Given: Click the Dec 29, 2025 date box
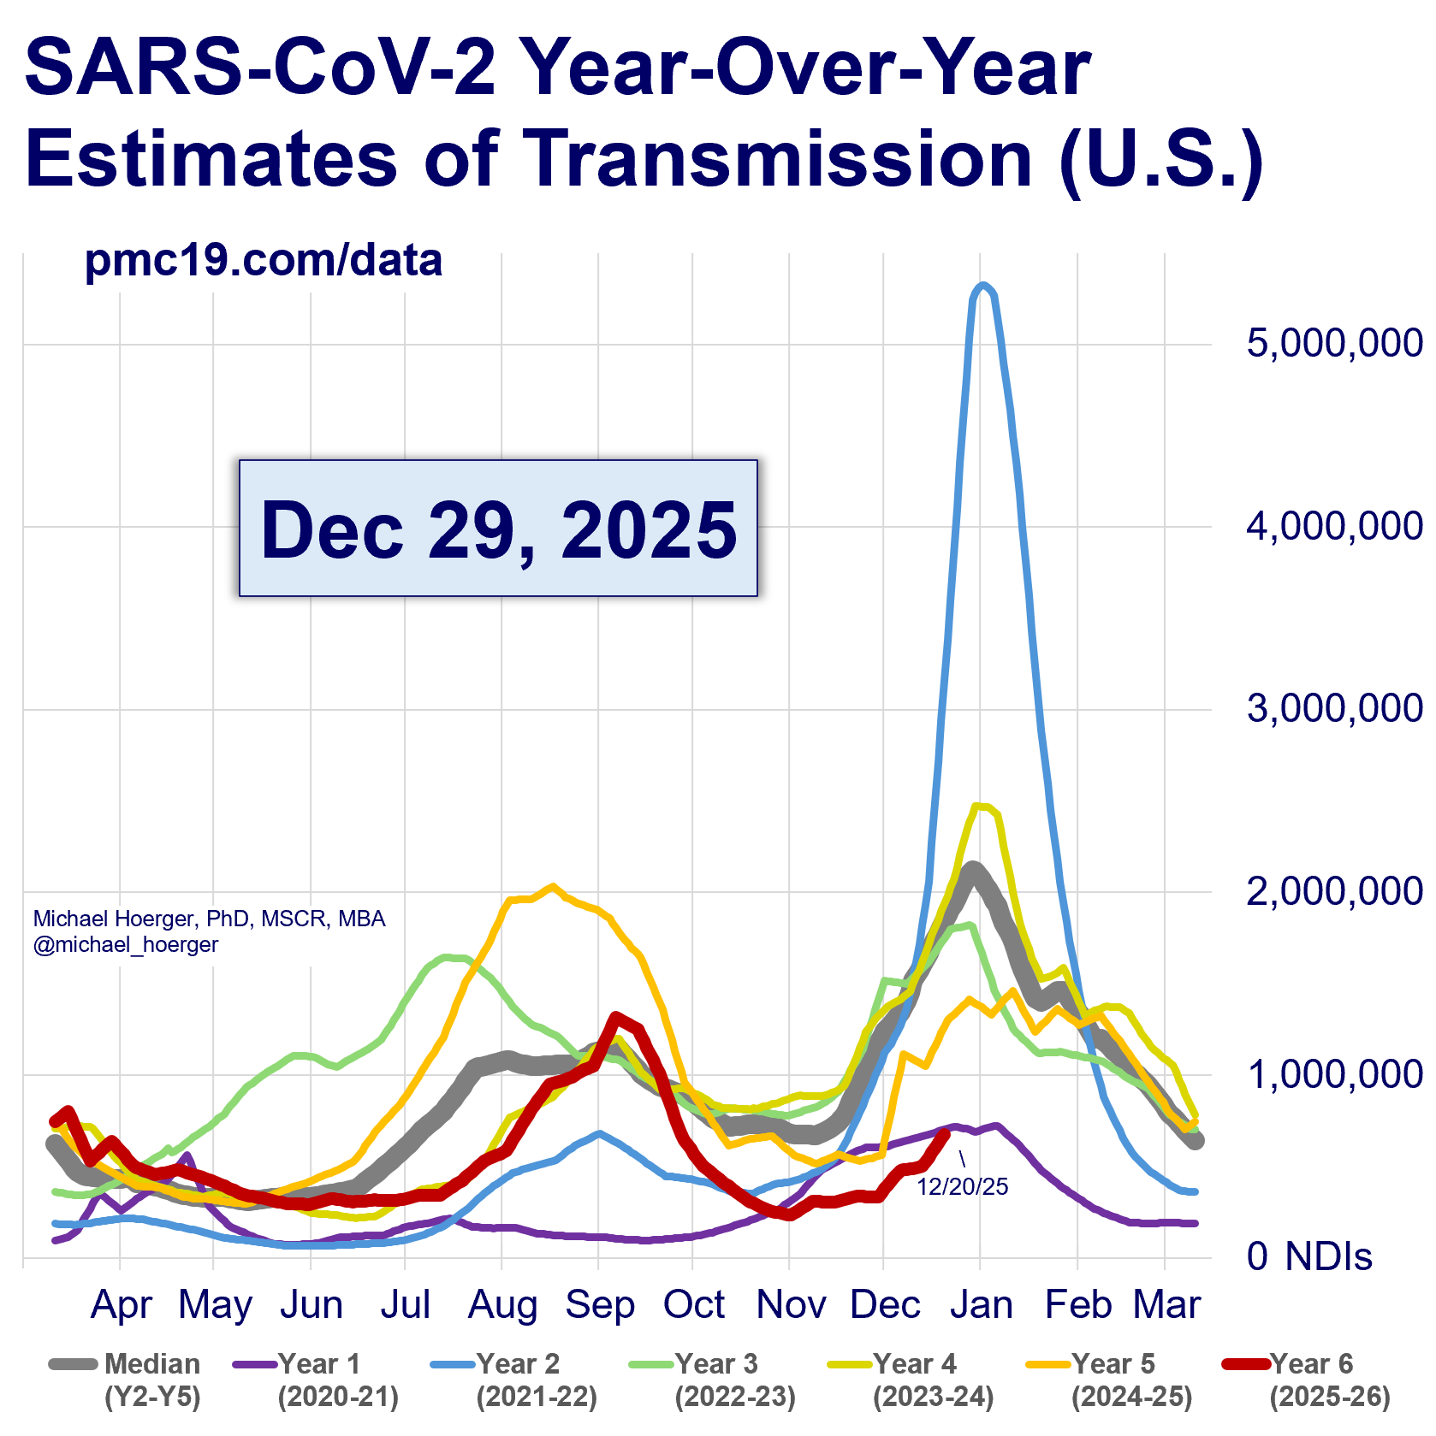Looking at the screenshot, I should [x=498, y=529].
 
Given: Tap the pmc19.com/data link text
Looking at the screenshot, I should [x=264, y=260].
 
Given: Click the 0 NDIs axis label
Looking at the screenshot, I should [x=1309, y=1256].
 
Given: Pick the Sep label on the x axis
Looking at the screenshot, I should [x=599, y=1305].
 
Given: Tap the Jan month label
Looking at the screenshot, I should [x=981, y=1305].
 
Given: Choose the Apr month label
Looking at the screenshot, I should [x=122, y=1305].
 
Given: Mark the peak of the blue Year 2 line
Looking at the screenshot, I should [x=984, y=286].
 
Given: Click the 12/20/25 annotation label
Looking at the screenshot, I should [x=963, y=1186].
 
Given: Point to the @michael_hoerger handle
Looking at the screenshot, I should [x=126, y=944].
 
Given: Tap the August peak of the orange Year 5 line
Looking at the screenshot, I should [x=552, y=886].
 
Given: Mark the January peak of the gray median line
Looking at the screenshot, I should [x=972, y=869].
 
